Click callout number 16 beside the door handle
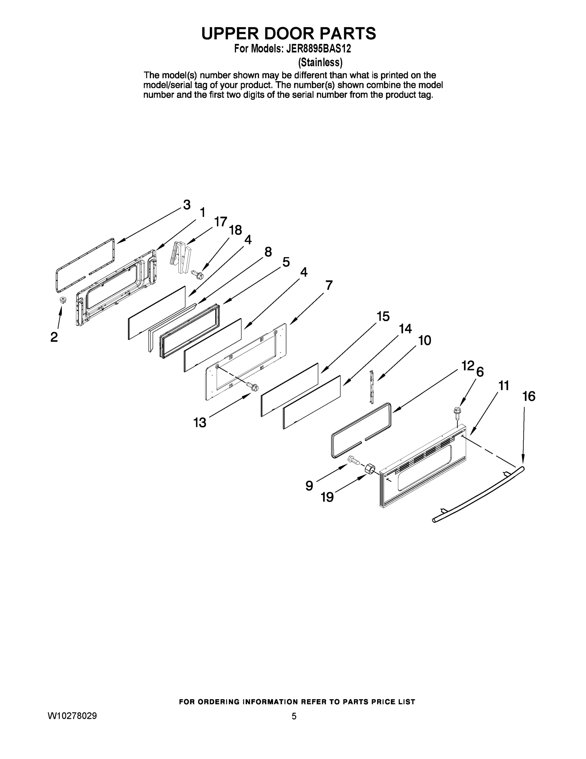pyautogui.click(x=529, y=396)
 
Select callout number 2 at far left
pyautogui.click(x=54, y=337)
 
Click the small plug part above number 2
pyautogui.click(x=63, y=300)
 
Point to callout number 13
pyautogui.click(x=200, y=423)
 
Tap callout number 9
pyautogui.click(x=309, y=485)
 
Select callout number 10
pyautogui.click(x=425, y=340)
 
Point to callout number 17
pyautogui.click(x=221, y=221)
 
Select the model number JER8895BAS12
pyautogui.click(x=318, y=49)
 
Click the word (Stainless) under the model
pyautogui.click(x=320, y=62)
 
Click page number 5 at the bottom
pyautogui.click(x=294, y=716)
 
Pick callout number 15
pyautogui.click(x=383, y=317)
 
